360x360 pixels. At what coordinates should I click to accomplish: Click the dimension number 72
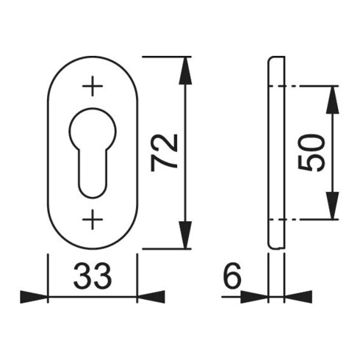[x=164, y=153]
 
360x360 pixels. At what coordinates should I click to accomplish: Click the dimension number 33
[x=93, y=276]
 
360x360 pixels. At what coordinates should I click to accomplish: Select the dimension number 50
[x=311, y=153]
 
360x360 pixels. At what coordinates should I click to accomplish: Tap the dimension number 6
[x=232, y=276]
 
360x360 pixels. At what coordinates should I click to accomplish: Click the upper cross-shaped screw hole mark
[x=93, y=86]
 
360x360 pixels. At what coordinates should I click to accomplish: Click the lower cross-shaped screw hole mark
[x=93, y=220]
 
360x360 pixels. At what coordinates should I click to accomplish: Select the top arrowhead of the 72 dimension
[x=185, y=71]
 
